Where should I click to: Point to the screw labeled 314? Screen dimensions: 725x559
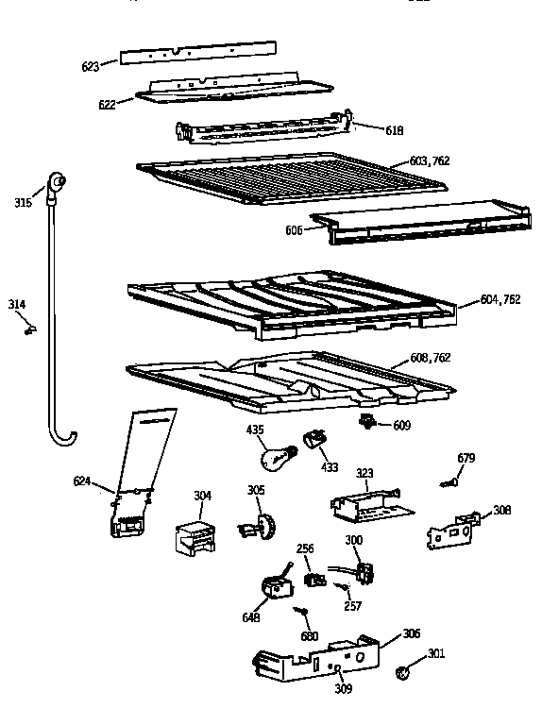point(30,329)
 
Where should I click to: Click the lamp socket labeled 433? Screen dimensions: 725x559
point(314,441)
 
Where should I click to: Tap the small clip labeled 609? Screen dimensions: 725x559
point(369,422)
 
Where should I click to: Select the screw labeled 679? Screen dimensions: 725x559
point(448,483)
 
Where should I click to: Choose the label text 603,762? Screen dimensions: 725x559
point(430,161)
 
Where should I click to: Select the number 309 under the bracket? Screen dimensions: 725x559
point(344,689)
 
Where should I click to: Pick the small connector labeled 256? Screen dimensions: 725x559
point(310,575)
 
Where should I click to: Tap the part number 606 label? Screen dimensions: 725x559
point(294,230)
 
